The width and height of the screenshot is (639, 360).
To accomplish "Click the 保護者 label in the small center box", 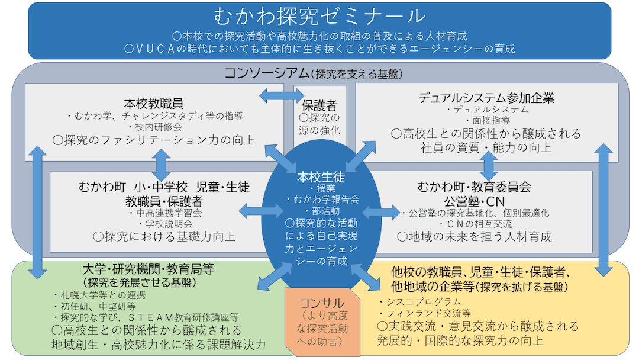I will pos(319,105).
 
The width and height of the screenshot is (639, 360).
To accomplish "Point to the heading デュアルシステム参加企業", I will pos(486,97).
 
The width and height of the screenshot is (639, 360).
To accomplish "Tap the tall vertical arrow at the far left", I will pos(37,211).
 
